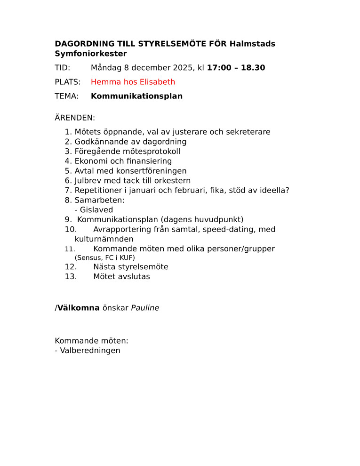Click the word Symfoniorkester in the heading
pyautogui.click(x=91, y=54)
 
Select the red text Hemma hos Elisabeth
pyautogui.click(x=133, y=82)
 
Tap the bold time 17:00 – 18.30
pyautogui.click(x=236, y=68)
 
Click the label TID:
pyautogui.click(x=63, y=68)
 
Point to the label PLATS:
pyautogui.click(x=68, y=82)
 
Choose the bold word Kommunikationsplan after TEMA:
pyautogui.click(x=136, y=96)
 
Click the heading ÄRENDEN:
pyautogui.click(x=75, y=118)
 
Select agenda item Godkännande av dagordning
pyautogui.click(x=130, y=142)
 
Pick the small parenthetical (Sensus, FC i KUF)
pyautogui.click(x=104, y=258)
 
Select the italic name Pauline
pyautogui.click(x=145, y=308)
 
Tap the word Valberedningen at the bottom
pyautogui.click(x=90, y=350)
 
